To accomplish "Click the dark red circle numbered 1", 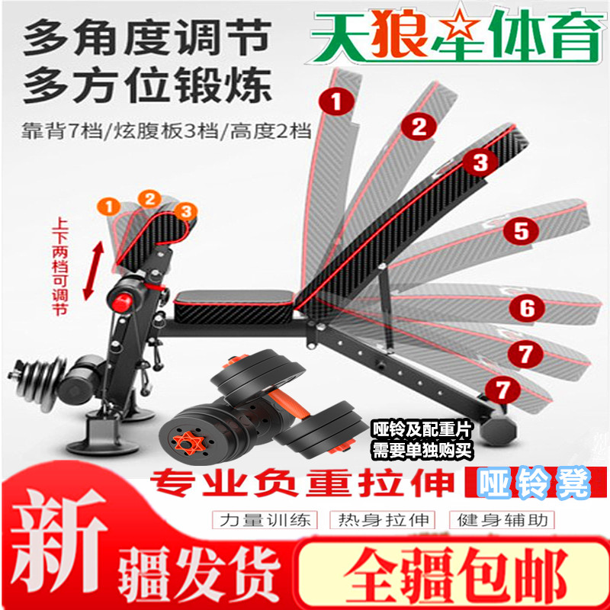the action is [336, 101].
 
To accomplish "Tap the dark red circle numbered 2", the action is [419, 126].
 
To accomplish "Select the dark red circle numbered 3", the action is [480, 162].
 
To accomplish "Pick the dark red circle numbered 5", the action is [521, 231].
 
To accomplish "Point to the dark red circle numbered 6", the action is [528, 308].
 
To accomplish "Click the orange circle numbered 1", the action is [109, 206].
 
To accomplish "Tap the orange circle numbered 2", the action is [149, 200].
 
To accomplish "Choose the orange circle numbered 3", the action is [186, 212].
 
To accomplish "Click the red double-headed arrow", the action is [93, 271].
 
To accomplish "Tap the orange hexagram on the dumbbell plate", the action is [188, 443].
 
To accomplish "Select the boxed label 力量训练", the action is [265, 520].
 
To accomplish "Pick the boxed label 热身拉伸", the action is [383, 520].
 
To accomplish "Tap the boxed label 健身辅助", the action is [502, 520].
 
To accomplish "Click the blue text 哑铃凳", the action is [534, 483].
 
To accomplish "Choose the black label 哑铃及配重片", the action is [422, 430].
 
